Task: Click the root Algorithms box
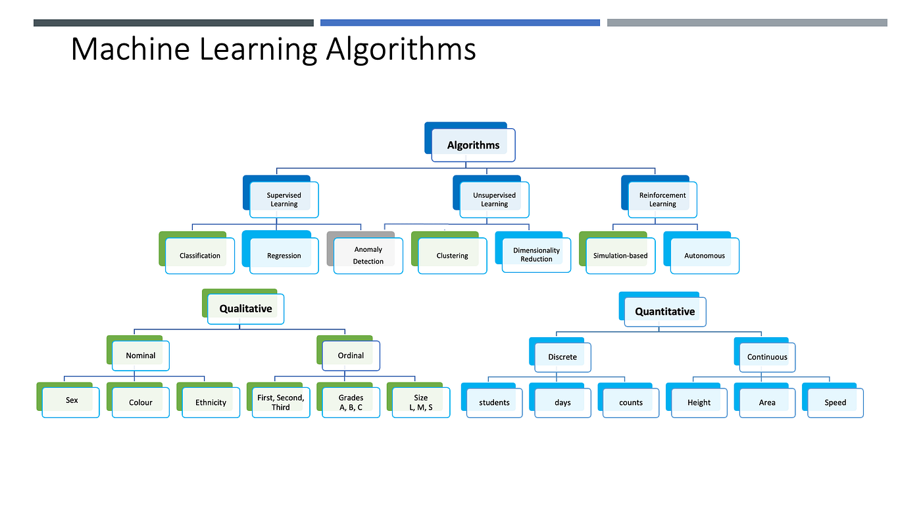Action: coord(473,145)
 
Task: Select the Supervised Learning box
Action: coord(284,200)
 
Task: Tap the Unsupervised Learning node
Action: coord(494,200)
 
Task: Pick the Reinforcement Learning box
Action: coord(662,200)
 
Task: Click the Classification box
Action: coord(200,256)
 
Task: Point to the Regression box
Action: coord(284,256)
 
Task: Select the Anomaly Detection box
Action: coord(368,256)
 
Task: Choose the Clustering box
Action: coord(452,256)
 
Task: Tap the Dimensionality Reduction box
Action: coord(536,255)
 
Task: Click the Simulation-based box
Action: coord(620,256)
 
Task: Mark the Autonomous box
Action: coord(705,256)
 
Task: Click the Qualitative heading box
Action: coord(245,308)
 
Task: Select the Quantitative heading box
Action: coord(664,312)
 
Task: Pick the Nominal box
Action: coord(141,356)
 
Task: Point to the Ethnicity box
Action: coord(211,402)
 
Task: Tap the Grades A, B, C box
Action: coord(351,402)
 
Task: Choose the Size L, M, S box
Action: coord(421,402)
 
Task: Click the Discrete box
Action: coord(562,357)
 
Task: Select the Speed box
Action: coord(835,402)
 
